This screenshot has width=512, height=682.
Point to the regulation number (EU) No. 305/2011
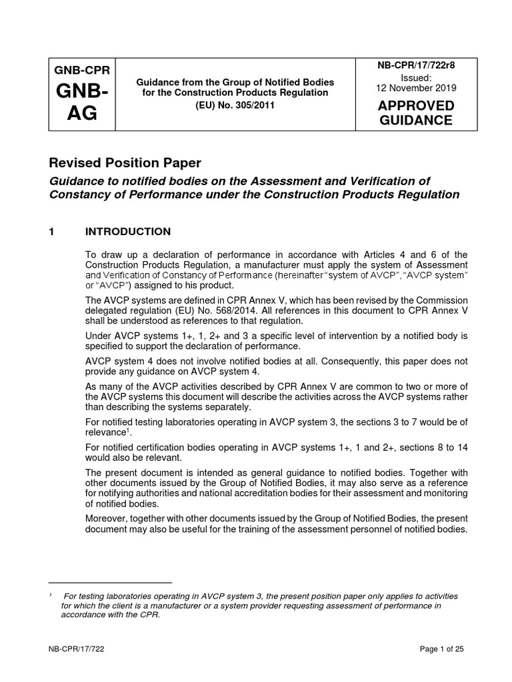(x=235, y=105)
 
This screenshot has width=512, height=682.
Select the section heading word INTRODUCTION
(x=128, y=232)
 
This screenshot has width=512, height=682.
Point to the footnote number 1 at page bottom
(x=52, y=595)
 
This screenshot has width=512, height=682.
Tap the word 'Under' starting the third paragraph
(x=99, y=336)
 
